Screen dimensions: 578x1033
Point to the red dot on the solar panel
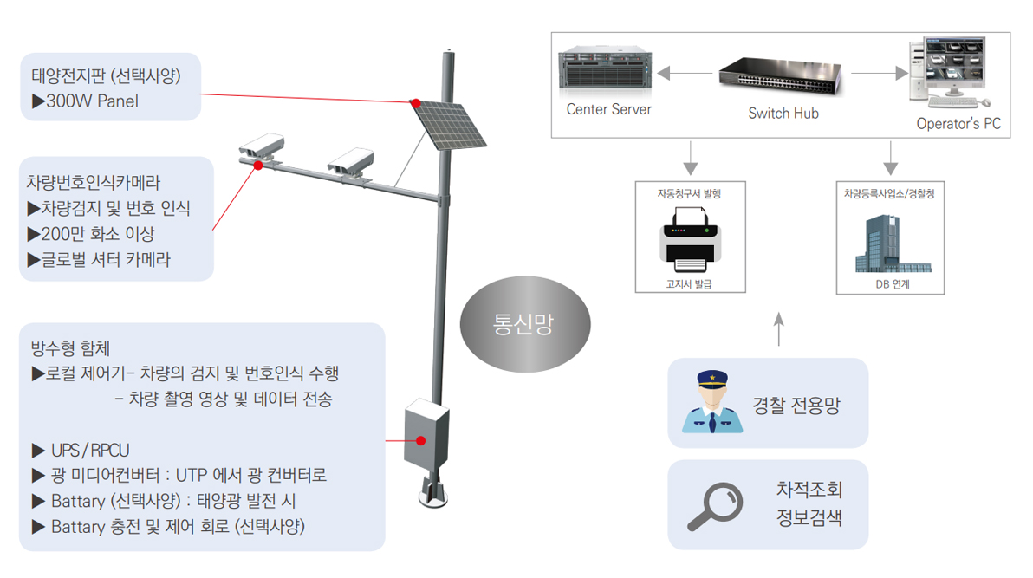tap(416, 102)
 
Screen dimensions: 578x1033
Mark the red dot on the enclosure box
tap(420, 441)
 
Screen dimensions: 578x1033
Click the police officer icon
tap(711, 403)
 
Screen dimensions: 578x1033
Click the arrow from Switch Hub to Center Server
tap(685, 74)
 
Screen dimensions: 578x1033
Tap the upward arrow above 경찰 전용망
tap(777, 330)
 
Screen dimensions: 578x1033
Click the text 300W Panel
tap(92, 101)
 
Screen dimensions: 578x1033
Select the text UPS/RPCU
tap(90, 451)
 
